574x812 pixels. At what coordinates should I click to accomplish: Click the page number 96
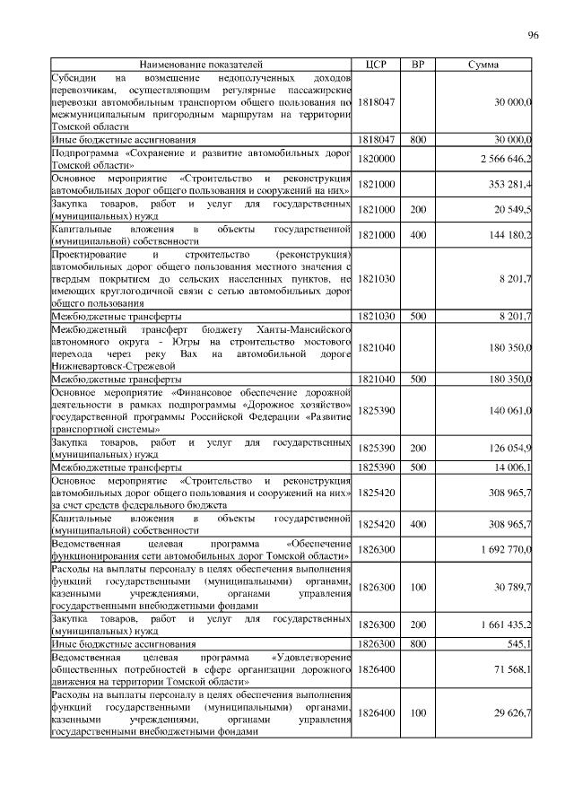click(x=533, y=35)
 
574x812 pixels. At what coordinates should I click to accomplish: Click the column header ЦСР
click(x=376, y=65)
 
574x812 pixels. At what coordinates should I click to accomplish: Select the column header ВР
click(x=417, y=65)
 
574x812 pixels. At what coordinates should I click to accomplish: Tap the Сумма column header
click(x=484, y=65)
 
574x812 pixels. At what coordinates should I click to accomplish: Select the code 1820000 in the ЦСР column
click(x=376, y=159)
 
